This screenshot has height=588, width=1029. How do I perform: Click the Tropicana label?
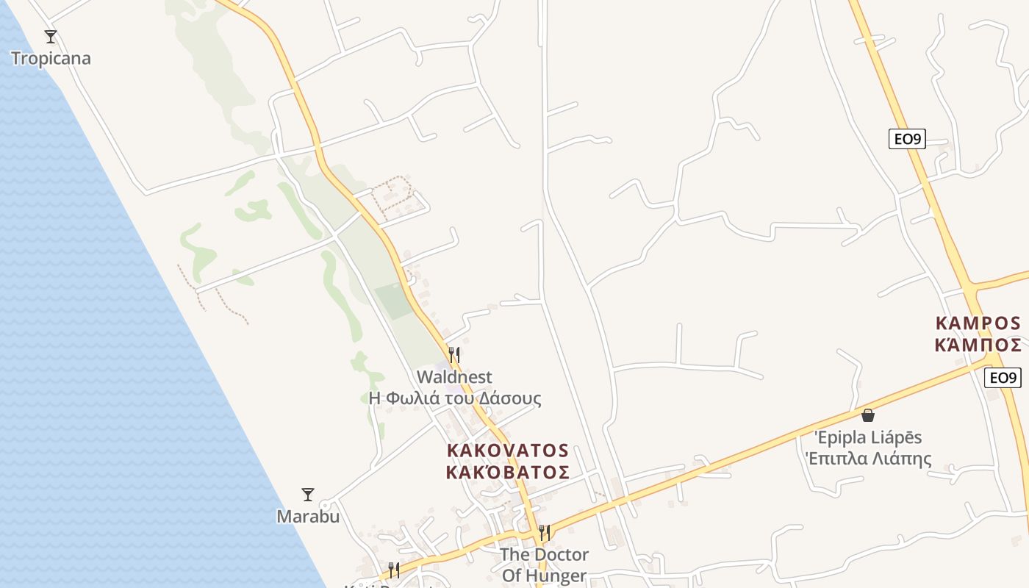[x=51, y=59]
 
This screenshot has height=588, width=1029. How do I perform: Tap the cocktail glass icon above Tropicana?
[x=51, y=37]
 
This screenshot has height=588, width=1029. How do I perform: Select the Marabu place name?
[x=308, y=517]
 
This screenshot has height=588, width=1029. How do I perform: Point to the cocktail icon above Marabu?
[x=308, y=495]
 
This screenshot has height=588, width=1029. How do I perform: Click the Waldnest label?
[x=454, y=377]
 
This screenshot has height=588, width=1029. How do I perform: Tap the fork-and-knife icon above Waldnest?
[x=454, y=355]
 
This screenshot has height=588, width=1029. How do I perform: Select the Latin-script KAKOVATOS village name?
[x=507, y=450]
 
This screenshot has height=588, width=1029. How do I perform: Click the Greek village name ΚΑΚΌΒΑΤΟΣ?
[x=507, y=472]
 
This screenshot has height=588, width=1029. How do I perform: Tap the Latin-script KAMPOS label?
[x=978, y=323]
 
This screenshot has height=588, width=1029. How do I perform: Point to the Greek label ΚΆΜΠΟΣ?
[x=978, y=345]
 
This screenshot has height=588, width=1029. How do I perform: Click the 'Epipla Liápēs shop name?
[x=868, y=438]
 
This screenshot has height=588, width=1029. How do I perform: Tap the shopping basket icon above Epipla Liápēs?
[x=868, y=415]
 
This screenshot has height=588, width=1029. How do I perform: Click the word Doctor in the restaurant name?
[x=562, y=554]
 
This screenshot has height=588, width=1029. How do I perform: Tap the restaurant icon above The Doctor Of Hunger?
[x=544, y=532]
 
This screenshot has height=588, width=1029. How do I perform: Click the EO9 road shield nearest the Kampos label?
[x=1003, y=378]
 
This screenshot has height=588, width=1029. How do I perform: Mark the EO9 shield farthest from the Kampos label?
[x=906, y=139]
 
